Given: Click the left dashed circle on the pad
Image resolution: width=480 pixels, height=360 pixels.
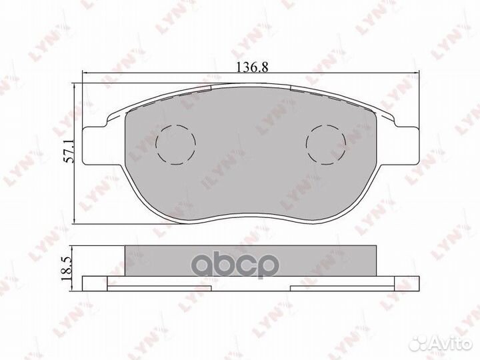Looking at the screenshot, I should pyautogui.click(x=175, y=143).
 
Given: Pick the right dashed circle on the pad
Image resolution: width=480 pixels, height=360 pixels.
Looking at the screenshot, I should pyautogui.click(x=325, y=143).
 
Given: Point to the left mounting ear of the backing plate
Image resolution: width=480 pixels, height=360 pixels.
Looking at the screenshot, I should pyautogui.click(x=97, y=139).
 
